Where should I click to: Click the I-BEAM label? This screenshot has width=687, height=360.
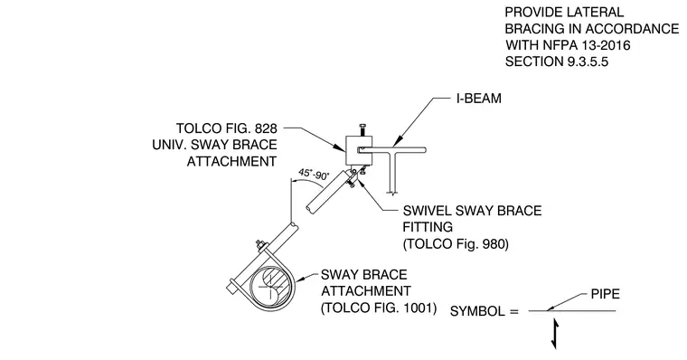coord(479,99)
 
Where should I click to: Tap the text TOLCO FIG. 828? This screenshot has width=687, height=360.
coord(227,128)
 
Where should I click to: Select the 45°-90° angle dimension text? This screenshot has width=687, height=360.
coord(314,174)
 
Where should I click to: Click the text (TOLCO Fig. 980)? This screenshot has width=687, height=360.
coord(456,244)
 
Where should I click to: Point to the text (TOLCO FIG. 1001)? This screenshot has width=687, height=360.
coord(379,308)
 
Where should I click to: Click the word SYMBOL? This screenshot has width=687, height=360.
coord(477,311)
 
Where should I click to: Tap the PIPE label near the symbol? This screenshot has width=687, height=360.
coord(605,294)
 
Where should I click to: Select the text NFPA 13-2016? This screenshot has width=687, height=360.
coord(587,45)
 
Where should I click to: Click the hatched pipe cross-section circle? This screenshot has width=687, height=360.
coord(271,287)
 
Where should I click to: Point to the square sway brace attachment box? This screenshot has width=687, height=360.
coord(359,150)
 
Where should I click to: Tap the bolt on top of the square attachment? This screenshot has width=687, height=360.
coord(362,129)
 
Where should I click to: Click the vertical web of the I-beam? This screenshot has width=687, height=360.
coord(392,173)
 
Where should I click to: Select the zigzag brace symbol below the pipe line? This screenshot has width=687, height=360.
coord(555,334)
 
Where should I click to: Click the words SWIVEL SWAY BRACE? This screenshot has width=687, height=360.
coord(472,211)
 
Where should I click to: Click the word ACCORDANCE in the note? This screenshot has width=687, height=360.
coord(632,29)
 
